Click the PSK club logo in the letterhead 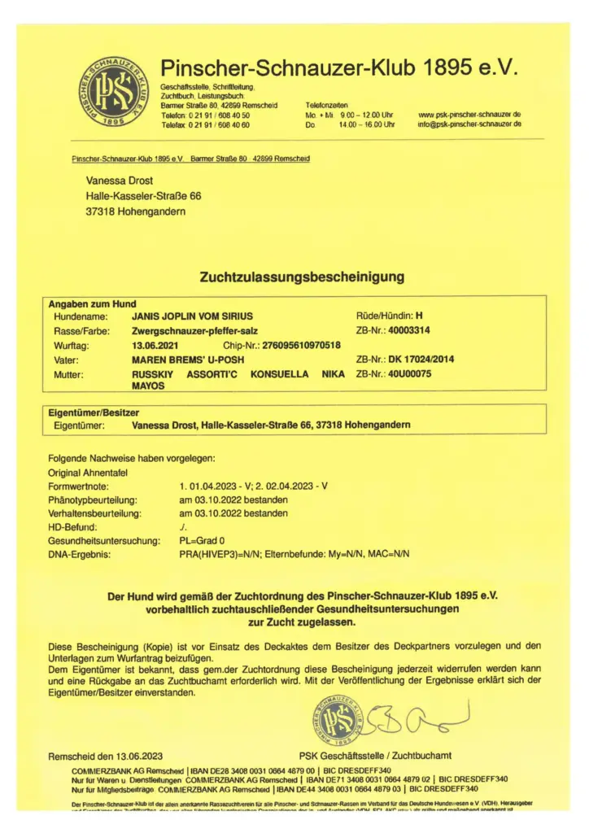coord(114,92)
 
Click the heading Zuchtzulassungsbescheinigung coord(302,277)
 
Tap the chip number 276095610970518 coord(300,346)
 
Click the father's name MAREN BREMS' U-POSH coord(185,360)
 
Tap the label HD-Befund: coord(74,528)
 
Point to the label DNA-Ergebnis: coord(81,555)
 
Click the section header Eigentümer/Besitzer coord(94,413)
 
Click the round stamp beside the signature coord(337,722)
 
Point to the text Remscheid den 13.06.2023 coord(106,756)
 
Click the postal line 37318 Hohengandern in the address coord(135,212)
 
